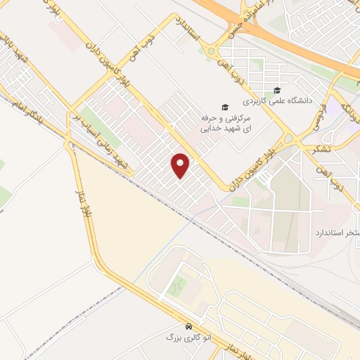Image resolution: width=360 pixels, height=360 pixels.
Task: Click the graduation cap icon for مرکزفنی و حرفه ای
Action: [225, 107]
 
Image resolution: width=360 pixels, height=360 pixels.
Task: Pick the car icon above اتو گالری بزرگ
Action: [189, 327]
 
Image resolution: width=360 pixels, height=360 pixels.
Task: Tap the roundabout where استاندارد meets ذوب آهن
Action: [210, 50]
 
